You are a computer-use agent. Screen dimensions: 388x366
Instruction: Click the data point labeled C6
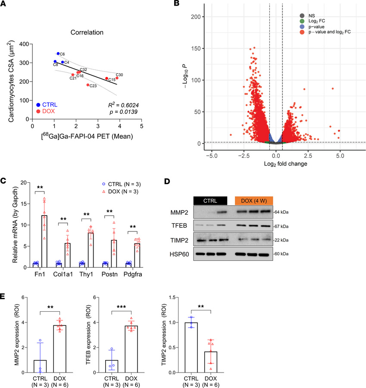[x=58, y=53]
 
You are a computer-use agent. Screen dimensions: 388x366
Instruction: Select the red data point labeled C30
[x=117, y=78]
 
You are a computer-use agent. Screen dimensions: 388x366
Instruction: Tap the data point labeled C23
[x=88, y=85]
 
